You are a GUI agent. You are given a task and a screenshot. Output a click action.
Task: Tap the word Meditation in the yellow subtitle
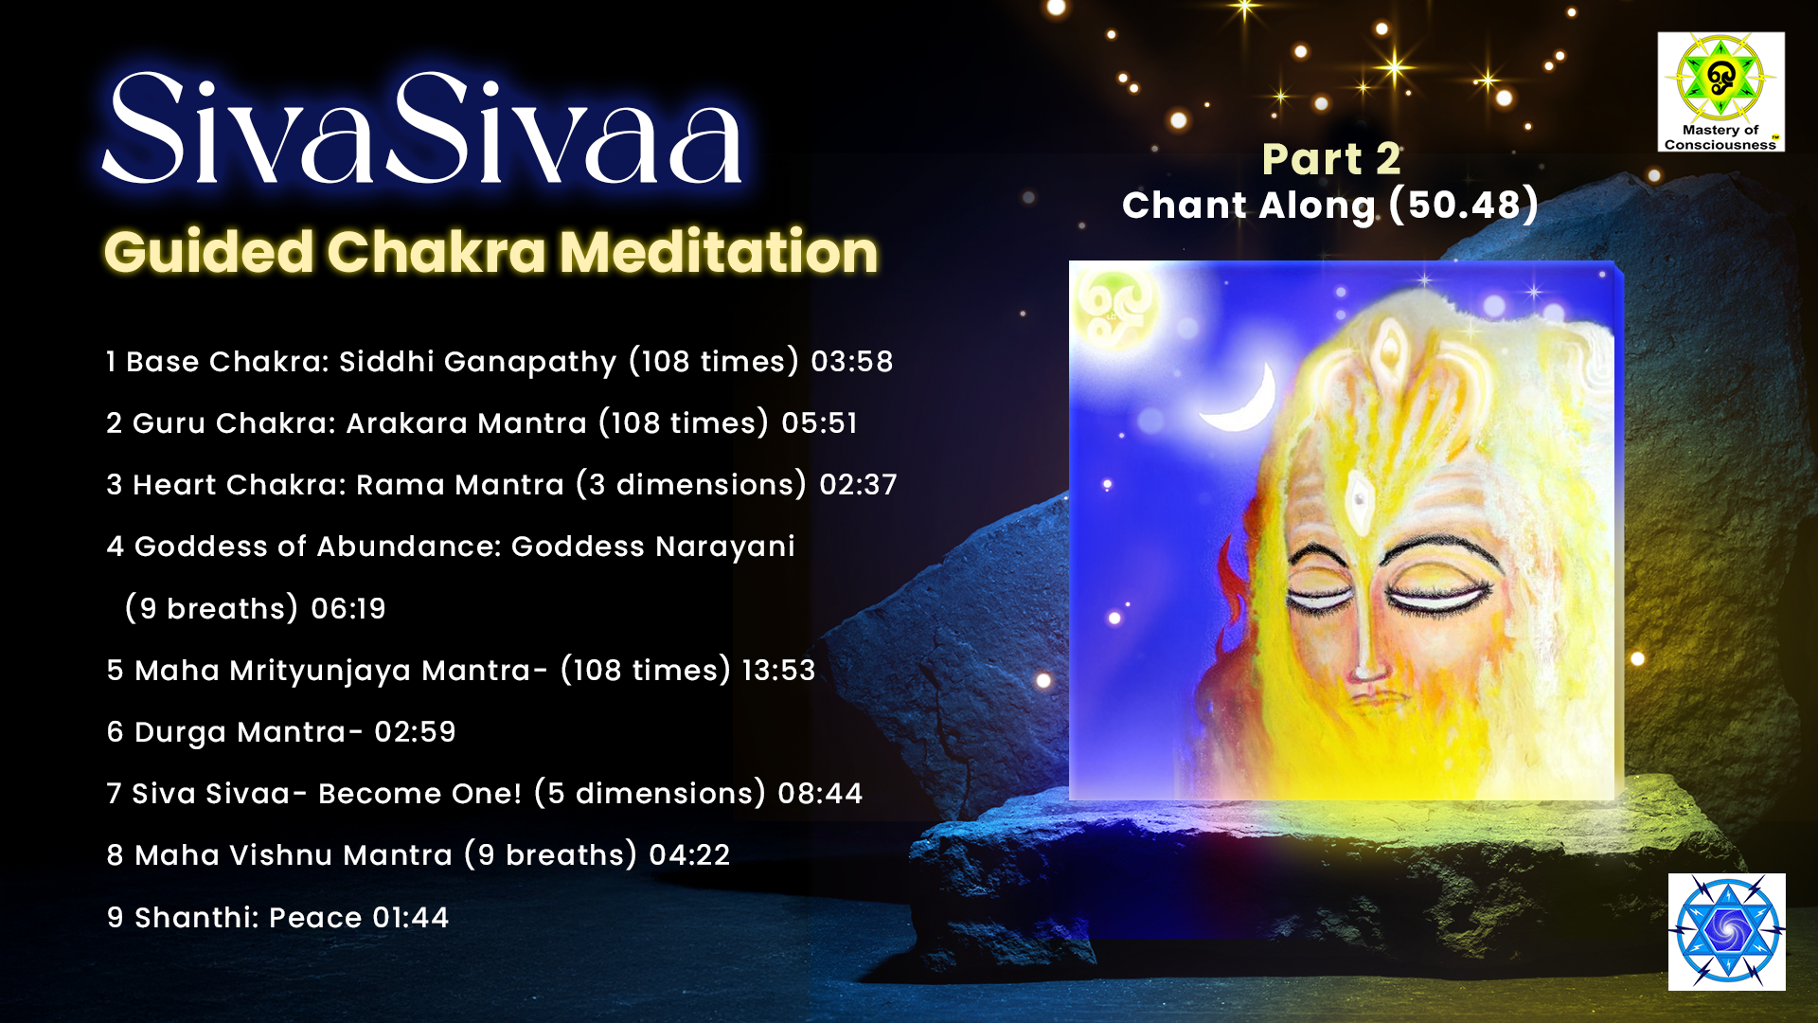[719, 252]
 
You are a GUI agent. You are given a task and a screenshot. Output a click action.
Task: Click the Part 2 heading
[1330, 158]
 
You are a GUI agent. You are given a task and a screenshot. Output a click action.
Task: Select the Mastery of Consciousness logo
[1720, 92]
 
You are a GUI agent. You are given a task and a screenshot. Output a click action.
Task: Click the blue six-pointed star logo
[1727, 932]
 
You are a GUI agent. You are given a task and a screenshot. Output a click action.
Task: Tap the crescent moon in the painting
[1240, 398]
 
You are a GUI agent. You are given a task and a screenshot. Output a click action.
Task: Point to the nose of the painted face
[1364, 644]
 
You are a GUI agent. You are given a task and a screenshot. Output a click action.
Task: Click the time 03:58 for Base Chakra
[851, 362]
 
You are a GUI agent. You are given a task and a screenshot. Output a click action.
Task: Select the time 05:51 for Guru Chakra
[819, 423]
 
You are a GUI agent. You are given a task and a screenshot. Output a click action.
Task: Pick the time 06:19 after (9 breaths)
[348, 609]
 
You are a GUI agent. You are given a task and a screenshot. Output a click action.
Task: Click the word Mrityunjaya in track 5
[320, 671]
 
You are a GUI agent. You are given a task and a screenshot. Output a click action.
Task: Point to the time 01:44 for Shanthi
[410, 918]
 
